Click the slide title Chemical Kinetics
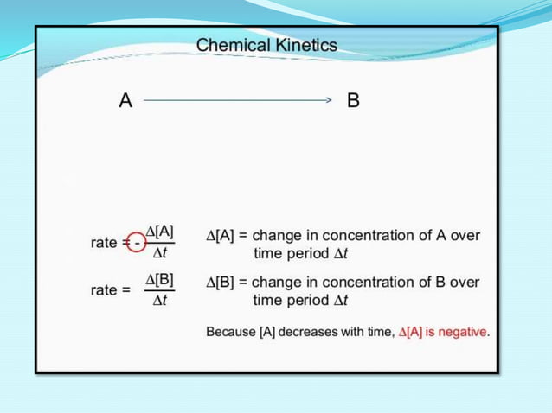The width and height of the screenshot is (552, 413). click(266, 44)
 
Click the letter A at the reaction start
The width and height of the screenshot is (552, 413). click(125, 101)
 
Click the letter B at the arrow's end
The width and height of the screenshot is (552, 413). click(352, 101)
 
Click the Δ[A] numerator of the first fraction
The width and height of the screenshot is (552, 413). click(160, 232)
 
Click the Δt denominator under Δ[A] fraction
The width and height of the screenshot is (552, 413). click(160, 253)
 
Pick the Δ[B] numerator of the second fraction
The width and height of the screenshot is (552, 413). click(160, 279)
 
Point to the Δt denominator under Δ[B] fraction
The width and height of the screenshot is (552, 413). click(160, 302)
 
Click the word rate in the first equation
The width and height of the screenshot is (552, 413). click(104, 243)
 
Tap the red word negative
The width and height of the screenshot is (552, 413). click(462, 331)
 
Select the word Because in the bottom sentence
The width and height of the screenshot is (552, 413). click(231, 331)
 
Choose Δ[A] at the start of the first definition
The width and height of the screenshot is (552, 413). click(221, 235)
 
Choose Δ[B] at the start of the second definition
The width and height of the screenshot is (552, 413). click(221, 283)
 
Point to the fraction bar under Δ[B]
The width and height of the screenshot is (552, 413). click(160, 290)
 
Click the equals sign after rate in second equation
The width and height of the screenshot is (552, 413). click(125, 290)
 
